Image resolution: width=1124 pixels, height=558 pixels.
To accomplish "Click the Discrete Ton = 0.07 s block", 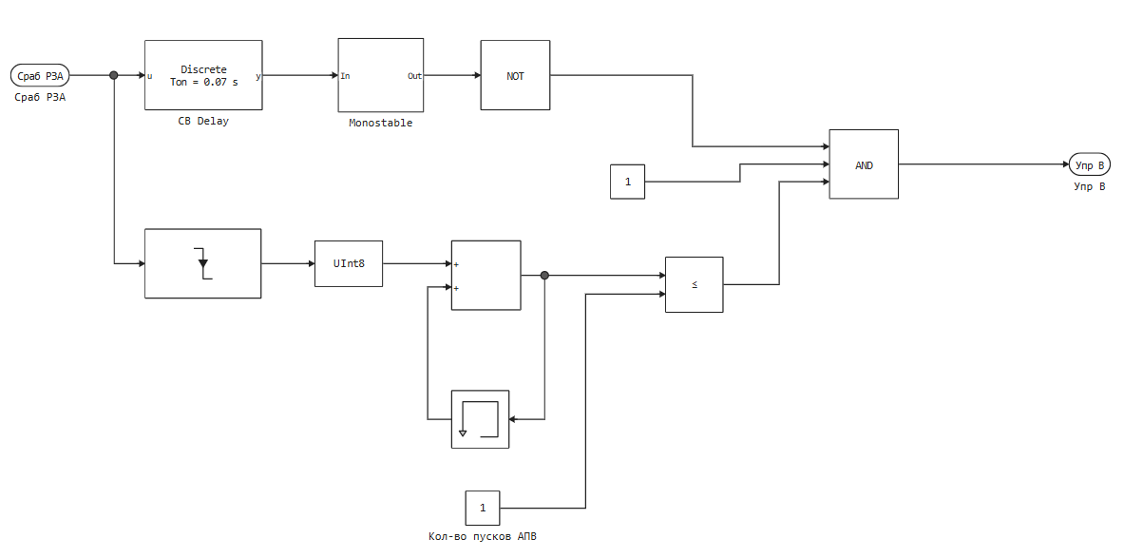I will (203, 75).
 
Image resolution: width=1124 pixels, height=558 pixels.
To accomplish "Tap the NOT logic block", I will (515, 75).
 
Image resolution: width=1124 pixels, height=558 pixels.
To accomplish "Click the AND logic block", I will (864, 164).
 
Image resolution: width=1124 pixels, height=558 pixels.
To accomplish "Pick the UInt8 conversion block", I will (349, 263).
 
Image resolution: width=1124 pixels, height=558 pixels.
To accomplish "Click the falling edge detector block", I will (202, 263).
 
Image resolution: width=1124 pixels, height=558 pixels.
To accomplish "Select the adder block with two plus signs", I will (486, 275).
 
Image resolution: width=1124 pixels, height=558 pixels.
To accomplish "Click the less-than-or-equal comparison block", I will (694, 284).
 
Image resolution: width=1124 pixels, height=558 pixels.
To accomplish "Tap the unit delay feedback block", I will (480, 418).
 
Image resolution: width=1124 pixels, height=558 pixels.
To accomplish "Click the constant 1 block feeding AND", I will (627, 181).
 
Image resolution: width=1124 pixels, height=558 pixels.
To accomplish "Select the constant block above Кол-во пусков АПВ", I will (483, 508).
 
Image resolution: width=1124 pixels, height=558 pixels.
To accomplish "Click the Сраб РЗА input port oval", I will (39, 75).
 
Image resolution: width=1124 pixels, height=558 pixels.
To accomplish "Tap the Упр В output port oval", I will (1089, 164).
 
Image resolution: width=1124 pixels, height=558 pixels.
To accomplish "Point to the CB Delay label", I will (203, 122).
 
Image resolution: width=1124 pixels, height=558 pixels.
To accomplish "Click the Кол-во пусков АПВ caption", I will (483, 537).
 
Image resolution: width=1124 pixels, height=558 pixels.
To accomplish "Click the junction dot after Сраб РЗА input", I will (114, 75).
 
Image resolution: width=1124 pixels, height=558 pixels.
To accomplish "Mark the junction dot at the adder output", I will (544, 276).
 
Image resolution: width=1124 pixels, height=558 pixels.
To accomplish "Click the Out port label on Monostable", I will (414, 76).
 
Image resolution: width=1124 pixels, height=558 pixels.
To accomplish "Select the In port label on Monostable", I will (346, 76).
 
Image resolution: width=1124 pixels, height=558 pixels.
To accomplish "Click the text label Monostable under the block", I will (380, 123).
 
